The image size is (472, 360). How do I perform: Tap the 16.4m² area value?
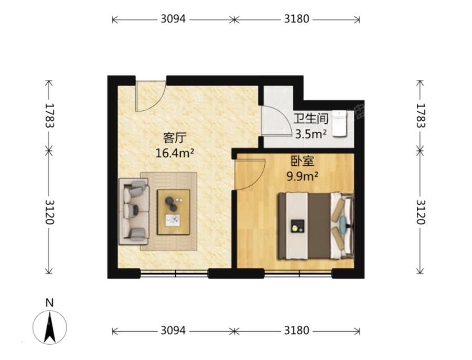(175, 153)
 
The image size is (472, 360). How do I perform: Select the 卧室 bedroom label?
(302, 161)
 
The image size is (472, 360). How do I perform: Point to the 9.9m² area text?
(302, 176)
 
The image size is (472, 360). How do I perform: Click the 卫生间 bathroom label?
(311, 119)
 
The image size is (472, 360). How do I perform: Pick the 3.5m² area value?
(311, 134)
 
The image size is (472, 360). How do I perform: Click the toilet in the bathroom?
(340, 123)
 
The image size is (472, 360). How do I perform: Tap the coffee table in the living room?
(174, 212)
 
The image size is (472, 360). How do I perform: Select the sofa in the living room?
(134, 211)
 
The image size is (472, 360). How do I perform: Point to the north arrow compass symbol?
(50, 327)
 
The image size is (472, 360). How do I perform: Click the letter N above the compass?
(49, 302)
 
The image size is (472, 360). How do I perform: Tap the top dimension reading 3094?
(173, 19)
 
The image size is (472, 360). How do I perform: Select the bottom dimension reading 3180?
(297, 331)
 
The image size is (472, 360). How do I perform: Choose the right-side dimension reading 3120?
(421, 212)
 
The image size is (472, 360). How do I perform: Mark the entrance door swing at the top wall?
(151, 96)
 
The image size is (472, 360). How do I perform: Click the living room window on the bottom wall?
(174, 273)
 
